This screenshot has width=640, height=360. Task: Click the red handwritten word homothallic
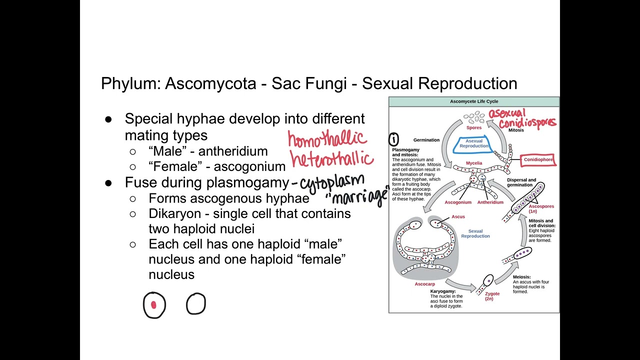point(327,139)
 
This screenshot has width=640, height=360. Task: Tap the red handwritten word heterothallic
point(331,159)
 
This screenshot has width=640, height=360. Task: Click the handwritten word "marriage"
point(358,196)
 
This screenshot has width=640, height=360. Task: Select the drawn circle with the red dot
point(154,304)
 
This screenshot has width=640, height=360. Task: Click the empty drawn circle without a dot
point(195,303)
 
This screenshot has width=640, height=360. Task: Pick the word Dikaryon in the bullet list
point(178,213)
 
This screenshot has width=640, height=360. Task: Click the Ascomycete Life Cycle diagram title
point(473,101)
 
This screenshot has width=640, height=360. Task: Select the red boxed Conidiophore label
point(538,160)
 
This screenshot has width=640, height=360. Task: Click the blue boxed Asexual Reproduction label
point(473,143)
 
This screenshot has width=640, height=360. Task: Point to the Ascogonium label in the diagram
point(458,202)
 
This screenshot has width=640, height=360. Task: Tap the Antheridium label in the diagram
point(490,202)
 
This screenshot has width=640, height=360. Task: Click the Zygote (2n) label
point(492,296)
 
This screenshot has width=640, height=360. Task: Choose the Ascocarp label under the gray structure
point(424,284)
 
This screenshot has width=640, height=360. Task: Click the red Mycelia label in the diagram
point(474,163)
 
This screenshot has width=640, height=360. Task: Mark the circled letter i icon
point(394,139)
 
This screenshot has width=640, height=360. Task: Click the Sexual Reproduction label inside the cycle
point(475,233)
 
